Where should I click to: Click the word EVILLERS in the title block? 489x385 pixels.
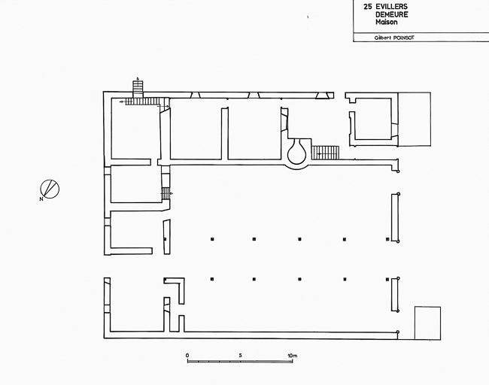coord(391,7)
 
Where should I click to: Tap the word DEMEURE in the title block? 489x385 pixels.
coord(391,14)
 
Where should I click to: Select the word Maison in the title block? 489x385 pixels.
coord(387,22)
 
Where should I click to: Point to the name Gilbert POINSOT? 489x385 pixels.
coord(394,38)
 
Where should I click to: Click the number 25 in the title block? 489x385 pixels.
coord(368,7)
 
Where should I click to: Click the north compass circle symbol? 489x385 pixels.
coord(50,189)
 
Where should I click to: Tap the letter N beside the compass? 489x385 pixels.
coord(41,199)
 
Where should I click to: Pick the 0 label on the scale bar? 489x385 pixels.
coord(187,356)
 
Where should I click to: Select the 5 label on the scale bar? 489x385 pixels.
coord(240,356)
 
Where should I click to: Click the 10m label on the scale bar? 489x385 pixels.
coord(292,356)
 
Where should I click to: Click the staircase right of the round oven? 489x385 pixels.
coord(325,153)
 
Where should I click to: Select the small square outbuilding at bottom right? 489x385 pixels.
coord(427,323)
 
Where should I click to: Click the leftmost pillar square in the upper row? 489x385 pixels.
coord(212,239)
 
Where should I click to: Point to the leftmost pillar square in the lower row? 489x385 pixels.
coord(212,279)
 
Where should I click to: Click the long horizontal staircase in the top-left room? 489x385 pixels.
coord(144,102)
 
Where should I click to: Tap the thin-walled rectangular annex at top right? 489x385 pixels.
coord(415,119)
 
